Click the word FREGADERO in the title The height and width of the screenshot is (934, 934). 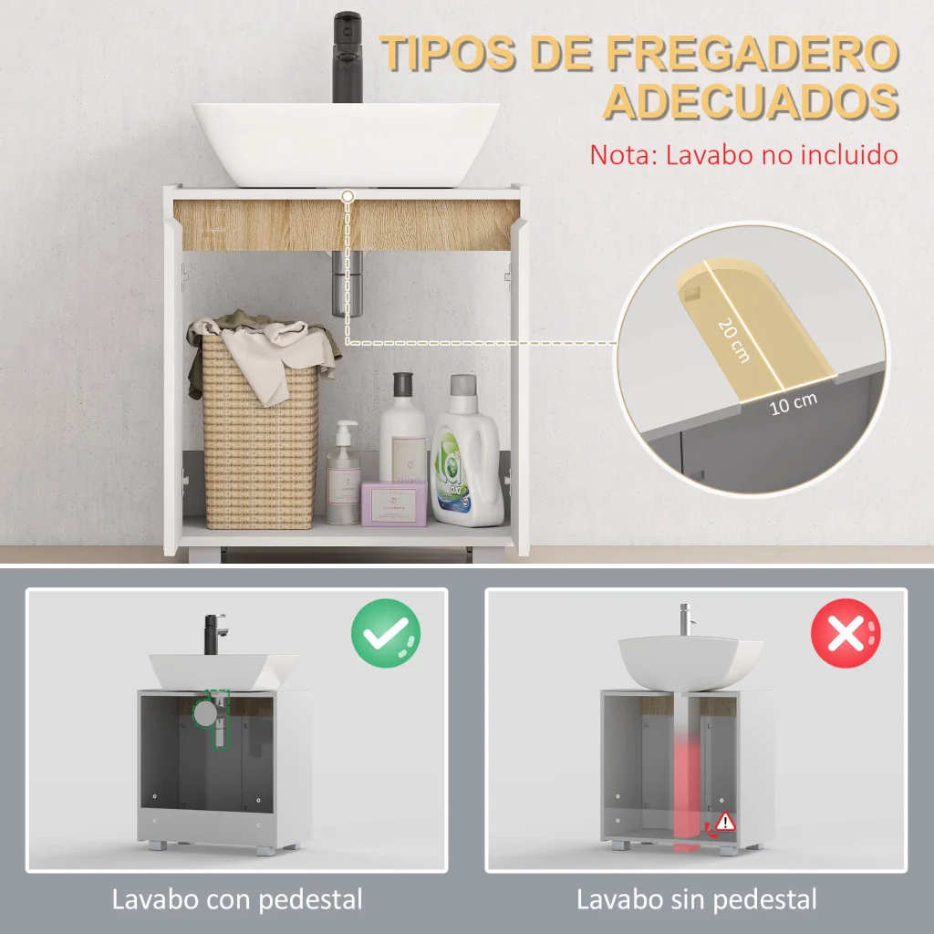pyautogui.click(x=752, y=53)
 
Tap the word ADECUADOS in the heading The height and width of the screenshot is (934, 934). pyautogui.click(x=752, y=101)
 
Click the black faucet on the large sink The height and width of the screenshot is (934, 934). pyautogui.click(x=348, y=57)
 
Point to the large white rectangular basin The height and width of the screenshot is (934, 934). pyautogui.click(x=346, y=145)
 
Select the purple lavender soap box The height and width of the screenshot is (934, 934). pyautogui.click(x=394, y=503)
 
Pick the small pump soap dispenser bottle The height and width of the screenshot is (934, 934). pyautogui.click(x=343, y=473)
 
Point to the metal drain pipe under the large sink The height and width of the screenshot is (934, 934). pyautogui.click(x=347, y=284)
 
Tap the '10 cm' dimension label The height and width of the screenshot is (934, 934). pyautogui.click(x=793, y=404)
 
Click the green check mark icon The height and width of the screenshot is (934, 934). pyautogui.click(x=386, y=633)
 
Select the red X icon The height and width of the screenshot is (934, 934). pyautogui.click(x=846, y=633)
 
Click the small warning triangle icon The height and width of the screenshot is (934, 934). pyautogui.click(x=725, y=822)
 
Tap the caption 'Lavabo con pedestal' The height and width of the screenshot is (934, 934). pyautogui.click(x=237, y=900)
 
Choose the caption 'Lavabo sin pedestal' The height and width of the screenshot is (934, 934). pyautogui.click(x=696, y=900)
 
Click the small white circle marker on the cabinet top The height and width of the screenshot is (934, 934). pyautogui.click(x=348, y=196)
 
